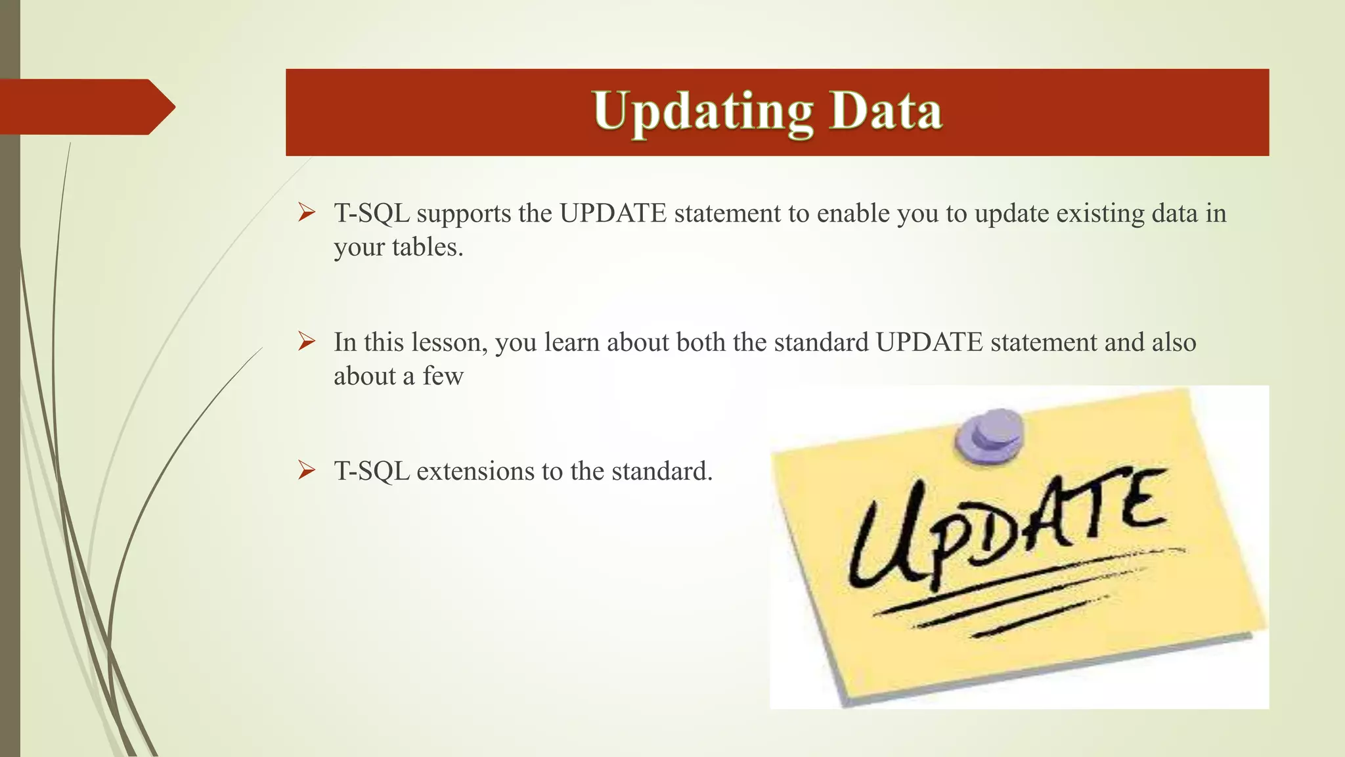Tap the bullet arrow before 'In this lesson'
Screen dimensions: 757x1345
[307, 341]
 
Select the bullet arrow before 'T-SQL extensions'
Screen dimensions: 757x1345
[307, 470]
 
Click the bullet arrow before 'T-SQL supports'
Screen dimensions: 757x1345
[307, 212]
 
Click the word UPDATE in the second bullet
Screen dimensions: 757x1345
[929, 342]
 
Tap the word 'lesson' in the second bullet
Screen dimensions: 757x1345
[449, 342]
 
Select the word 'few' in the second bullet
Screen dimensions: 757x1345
[443, 377]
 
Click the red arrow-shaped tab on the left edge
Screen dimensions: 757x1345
[85, 106]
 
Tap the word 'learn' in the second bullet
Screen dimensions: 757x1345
[571, 342]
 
